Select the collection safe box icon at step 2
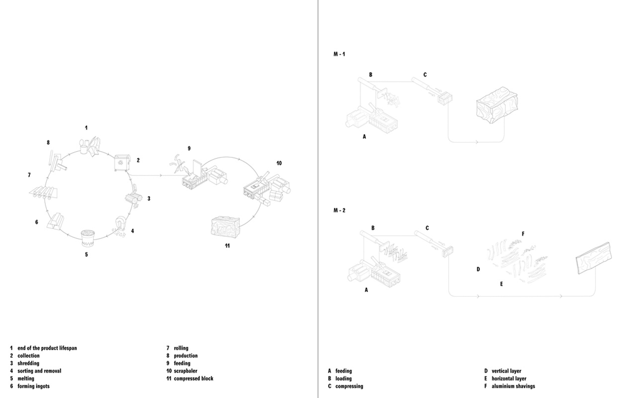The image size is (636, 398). pyautogui.click(x=121, y=162)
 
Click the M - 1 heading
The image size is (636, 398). pyautogui.click(x=339, y=54)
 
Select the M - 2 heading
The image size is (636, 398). pyautogui.click(x=339, y=210)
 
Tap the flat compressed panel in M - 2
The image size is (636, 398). pyautogui.click(x=593, y=258)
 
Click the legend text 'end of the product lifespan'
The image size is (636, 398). pyautogui.click(x=47, y=348)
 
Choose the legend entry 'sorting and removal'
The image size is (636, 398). pyautogui.click(x=39, y=371)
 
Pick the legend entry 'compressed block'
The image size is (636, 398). pyautogui.click(x=193, y=379)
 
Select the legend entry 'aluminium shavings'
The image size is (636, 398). pyautogui.click(x=513, y=386)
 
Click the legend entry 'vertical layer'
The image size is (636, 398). pyautogui.click(x=506, y=371)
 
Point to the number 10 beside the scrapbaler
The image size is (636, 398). pyautogui.click(x=279, y=163)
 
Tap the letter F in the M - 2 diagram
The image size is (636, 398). pyautogui.click(x=523, y=234)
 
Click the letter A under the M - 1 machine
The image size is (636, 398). pyautogui.click(x=364, y=136)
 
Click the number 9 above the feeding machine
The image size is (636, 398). pyautogui.click(x=189, y=148)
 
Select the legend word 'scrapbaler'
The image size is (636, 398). pyautogui.click(x=185, y=371)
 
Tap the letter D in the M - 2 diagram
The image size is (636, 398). pyautogui.click(x=478, y=269)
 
